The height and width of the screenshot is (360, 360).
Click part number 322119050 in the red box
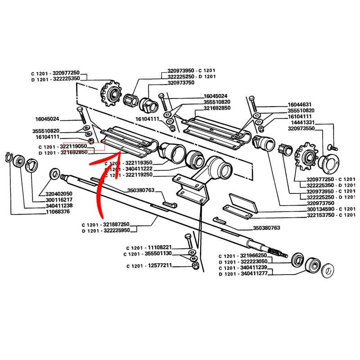click(x=73, y=146)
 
